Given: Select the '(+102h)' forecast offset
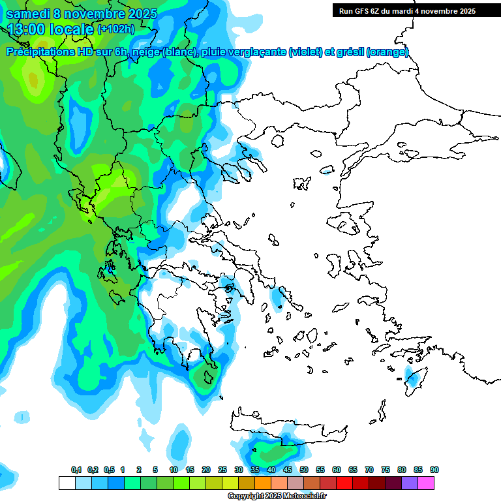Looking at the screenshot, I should [x=116, y=29].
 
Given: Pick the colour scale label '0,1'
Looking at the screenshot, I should [x=76, y=470].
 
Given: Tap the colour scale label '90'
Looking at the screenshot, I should [x=434, y=470].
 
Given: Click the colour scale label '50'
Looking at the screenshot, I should [x=304, y=470].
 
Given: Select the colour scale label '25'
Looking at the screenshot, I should [x=222, y=470].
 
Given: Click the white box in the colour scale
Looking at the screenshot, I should [x=67, y=483].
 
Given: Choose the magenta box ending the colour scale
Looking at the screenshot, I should [x=426, y=483].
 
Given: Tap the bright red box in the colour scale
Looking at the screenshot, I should [x=344, y=483].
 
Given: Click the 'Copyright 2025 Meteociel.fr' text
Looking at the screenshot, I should [x=276, y=496].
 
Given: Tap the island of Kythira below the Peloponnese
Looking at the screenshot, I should [x=209, y=377].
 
